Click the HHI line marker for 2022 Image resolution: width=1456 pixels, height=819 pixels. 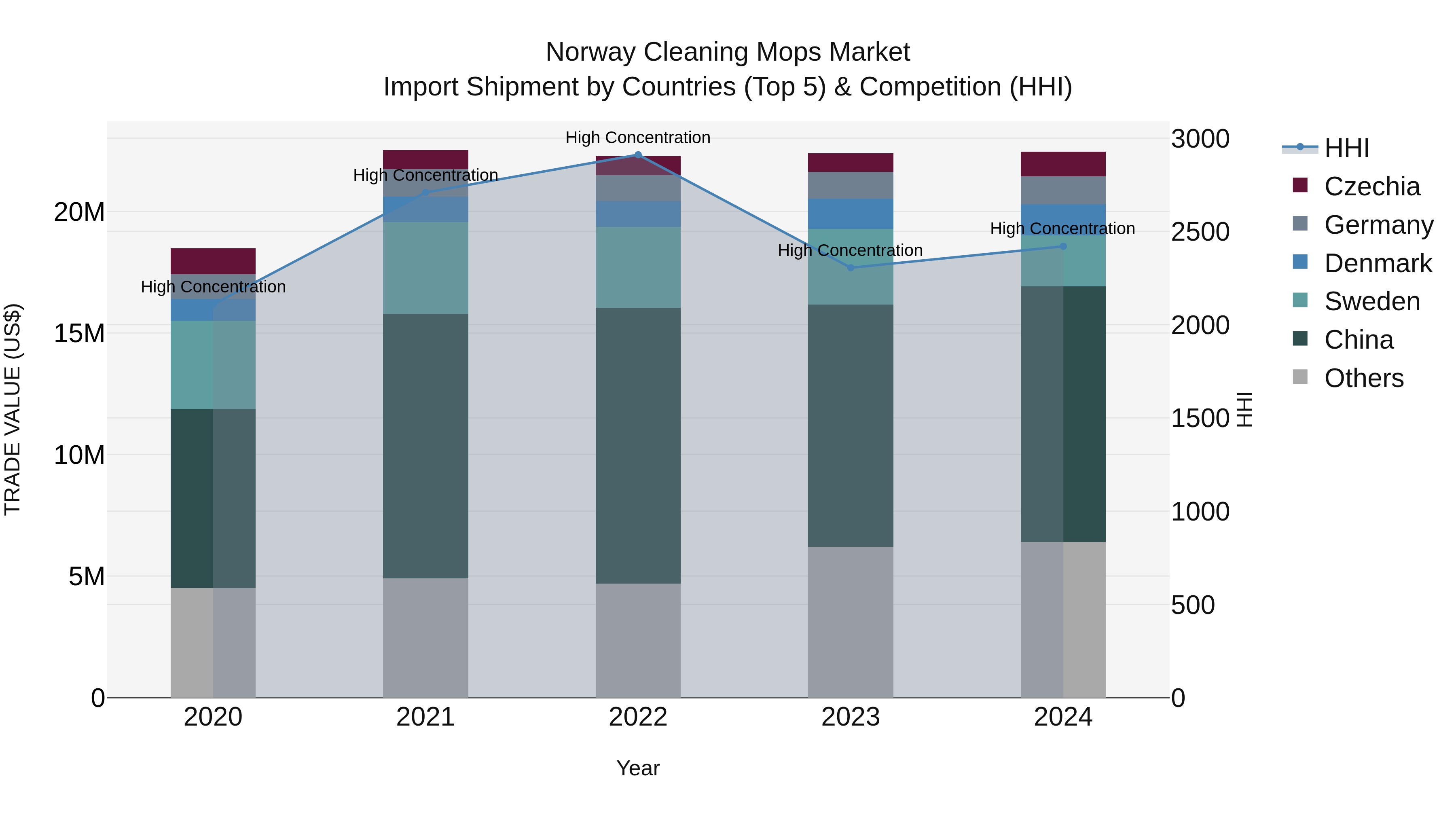pos(638,154)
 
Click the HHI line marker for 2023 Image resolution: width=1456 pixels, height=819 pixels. pos(851,267)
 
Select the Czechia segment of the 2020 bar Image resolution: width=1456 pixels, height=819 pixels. pos(213,261)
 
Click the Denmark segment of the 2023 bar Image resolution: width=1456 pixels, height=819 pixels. pos(851,214)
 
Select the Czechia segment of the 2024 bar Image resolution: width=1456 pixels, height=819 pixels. pos(1063,164)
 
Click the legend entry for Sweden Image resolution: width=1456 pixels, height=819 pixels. pos(1372,301)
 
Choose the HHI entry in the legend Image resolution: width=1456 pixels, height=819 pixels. pos(1346,148)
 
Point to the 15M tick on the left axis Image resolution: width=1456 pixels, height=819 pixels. pos(79,333)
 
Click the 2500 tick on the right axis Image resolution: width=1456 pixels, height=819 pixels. pos(1200,232)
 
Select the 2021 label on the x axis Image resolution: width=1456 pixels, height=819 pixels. pos(425,717)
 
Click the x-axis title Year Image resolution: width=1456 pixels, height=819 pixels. pos(638,768)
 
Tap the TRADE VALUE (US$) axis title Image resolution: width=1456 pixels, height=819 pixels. pos(13,409)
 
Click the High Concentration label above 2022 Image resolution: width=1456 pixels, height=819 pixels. pos(638,138)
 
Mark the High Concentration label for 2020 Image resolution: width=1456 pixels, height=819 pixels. pos(213,287)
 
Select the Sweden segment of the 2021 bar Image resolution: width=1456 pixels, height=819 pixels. pos(425,268)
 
